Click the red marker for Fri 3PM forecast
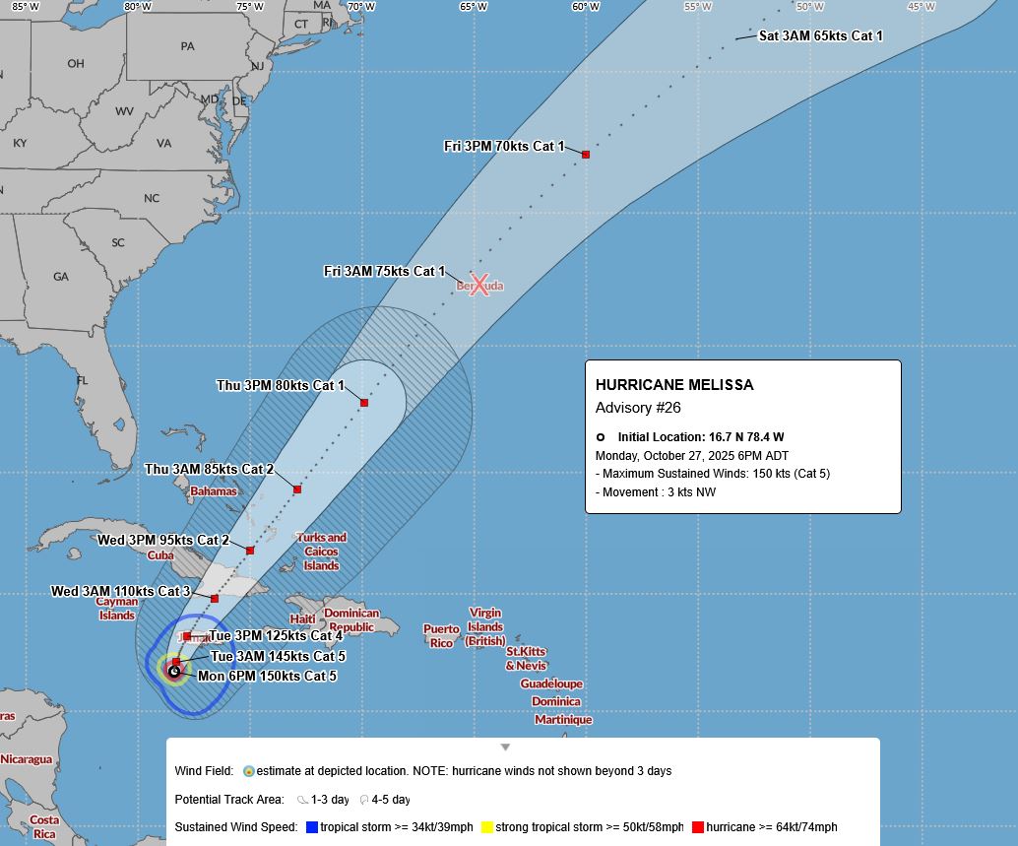pyautogui.click(x=586, y=155)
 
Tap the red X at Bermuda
pyautogui.click(x=479, y=286)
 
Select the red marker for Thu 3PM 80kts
pyautogui.click(x=364, y=403)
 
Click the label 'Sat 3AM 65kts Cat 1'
pyautogui.click(x=819, y=36)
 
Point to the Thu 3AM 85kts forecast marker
pyautogui.click(x=297, y=489)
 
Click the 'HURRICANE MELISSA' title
pyautogui.click(x=674, y=385)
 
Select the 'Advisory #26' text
pyautogui.click(x=638, y=408)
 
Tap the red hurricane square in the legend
pyautogui.click(x=698, y=827)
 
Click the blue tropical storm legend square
pyautogui.click(x=312, y=827)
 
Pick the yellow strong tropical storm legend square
pyautogui.click(x=486, y=827)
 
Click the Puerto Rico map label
pyautogui.click(x=441, y=636)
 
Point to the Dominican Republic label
pyautogui.click(x=351, y=620)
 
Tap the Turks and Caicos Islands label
pyautogui.click(x=321, y=552)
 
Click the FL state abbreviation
pyautogui.click(x=83, y=380)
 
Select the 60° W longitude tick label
pyautogui.click(x=586, y=6)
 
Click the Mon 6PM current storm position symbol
pyautogui.click(x=174, y=672)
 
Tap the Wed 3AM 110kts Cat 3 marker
pyautogui.click(x=215, y=599)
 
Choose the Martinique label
pyautogui.click(x=563, y=720)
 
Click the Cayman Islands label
pyautogui.click(x=116, y=609)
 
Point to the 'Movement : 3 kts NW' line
pyautogui.click(x=656, y=492)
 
